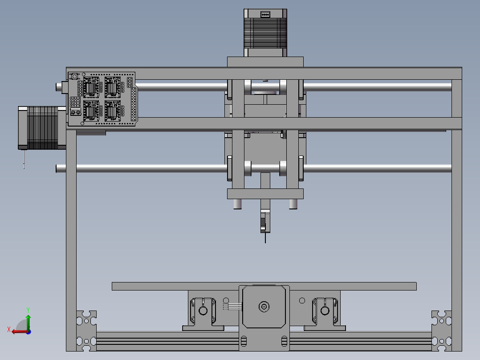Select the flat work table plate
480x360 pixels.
tap(264, 286)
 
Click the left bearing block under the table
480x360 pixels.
tap(203, 310)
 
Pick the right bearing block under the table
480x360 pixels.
tap(325, 310)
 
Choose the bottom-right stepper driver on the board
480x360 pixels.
tap(112, 110)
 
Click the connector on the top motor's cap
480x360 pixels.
tap(265, 14)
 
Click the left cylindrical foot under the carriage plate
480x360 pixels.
tap(237, 204)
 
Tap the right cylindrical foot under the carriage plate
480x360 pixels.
tap(293, 204)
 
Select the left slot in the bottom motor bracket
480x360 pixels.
tap(243, 341)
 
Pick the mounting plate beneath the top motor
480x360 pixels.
tap(265, 61)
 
